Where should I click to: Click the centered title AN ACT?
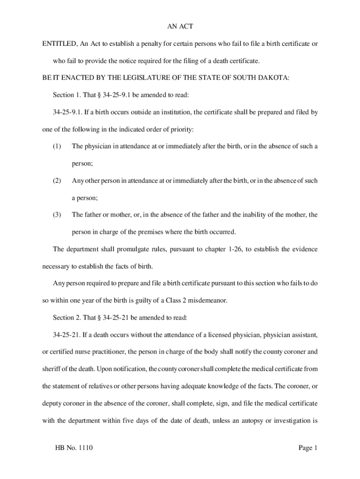point(180,27)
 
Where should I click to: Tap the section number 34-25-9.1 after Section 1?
point(119,95)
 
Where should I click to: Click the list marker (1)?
point(57,146)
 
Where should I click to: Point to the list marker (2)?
point(57,181)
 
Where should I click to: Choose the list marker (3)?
point(57,215)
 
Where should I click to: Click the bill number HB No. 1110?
point(74,448)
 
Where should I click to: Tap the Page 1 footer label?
point(308,448)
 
